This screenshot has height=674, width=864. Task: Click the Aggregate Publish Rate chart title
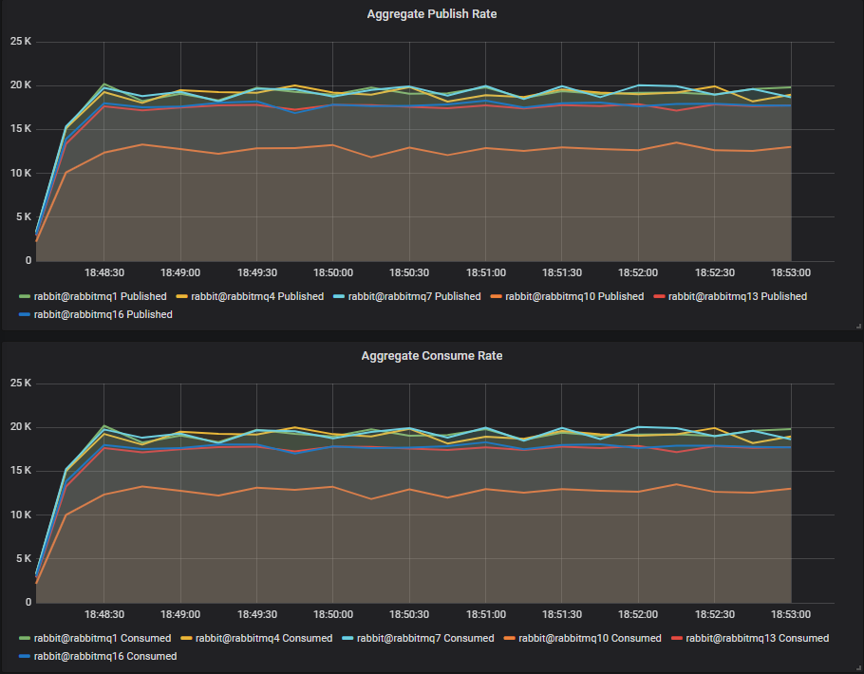(x=431, y=14)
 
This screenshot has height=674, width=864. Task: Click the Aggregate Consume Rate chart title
(x=431, y=356)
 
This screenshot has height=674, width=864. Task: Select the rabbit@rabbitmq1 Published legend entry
(x=100, y=296)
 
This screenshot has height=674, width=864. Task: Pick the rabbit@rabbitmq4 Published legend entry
(x=256, y=296)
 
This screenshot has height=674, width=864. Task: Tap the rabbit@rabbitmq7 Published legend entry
(x=414, y=296)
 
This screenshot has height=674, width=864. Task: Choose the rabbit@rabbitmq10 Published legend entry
(x=573, y=296)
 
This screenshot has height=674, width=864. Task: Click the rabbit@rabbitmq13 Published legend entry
(x=737, y=296)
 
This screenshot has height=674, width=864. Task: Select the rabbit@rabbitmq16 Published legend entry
(x=103, y=314)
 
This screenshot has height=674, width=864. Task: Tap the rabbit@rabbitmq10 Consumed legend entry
(x=589, y=638)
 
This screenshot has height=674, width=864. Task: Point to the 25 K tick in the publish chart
(x=20, y=42)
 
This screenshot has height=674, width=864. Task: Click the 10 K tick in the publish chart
(x=20, y=173)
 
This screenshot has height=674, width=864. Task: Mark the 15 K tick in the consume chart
(x=20, y=471)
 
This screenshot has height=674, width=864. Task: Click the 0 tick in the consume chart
(x=28, y=602)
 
